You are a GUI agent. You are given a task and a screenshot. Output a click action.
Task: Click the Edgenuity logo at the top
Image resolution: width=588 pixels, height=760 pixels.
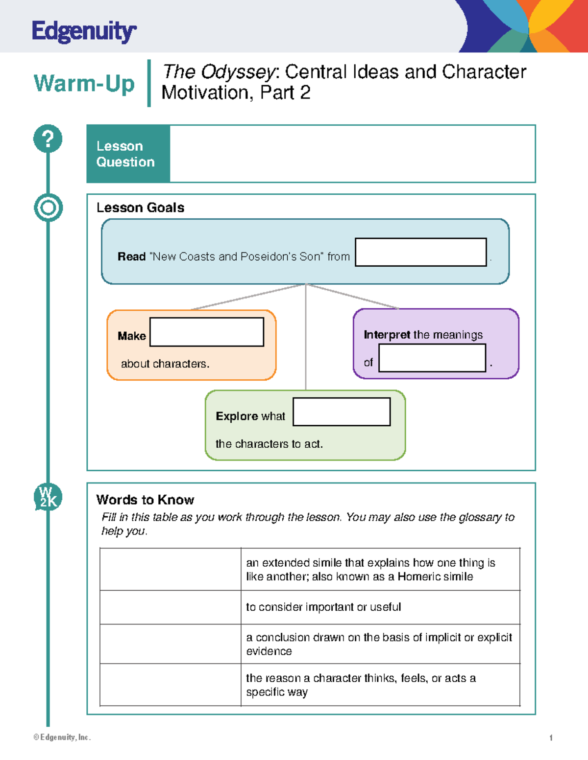pyautogui.click(x=84, y=32)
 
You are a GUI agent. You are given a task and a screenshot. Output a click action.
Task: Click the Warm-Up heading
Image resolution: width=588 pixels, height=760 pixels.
pyautogui.click(x=84, y=83)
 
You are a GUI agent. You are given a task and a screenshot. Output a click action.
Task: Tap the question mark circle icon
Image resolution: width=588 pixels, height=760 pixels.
pyautogui.click(x=48, y=138)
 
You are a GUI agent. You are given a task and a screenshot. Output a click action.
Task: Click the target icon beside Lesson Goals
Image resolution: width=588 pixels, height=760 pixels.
pyautogui.click(x=48, y=207)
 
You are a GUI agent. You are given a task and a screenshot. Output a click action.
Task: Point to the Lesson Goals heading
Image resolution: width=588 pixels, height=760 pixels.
pyautogui.click(x=140, y=207)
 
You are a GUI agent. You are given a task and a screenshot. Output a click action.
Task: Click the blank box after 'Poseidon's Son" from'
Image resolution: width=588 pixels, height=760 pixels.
pyautogui.click(x=420, y=252)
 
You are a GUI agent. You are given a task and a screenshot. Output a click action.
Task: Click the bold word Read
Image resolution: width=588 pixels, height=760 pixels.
pyautogui.click(x=131, y=256)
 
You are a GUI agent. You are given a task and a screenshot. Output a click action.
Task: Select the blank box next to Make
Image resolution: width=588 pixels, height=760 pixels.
pyautogui.click(x=206, y=332)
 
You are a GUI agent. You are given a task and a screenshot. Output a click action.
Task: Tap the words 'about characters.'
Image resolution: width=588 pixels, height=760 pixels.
pyautogui.click(x=165, y=364)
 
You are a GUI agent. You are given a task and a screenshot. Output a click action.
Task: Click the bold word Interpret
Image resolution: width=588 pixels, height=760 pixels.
pyautogui.click(x=387, y=335)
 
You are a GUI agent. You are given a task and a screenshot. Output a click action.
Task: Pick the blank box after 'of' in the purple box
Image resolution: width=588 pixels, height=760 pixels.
pyautogui.click(x=432, y=358)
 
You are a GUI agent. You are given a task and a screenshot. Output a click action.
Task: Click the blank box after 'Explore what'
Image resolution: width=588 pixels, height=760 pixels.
pyautogui.click(x=341, y=412)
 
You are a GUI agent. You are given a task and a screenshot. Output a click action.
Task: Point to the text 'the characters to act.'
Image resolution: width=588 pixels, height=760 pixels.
pyautogui.click(x=269, y=444)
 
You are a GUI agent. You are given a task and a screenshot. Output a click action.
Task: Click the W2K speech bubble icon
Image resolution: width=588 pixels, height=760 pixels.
pyautogui.click(x=48, y=497)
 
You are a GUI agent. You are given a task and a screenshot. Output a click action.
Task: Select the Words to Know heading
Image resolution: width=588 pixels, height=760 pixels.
pyautogui.click(x=145, y=500)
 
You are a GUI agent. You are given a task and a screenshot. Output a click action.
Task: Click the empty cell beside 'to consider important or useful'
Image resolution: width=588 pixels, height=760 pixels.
pyautogui.click(x=170, y=607)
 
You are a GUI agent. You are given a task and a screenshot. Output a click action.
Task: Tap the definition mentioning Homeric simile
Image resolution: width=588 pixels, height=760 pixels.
pyautogui.click(x=370, y=570)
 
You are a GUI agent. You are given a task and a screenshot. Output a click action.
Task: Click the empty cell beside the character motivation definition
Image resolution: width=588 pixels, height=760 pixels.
pyautogui.click(x=170, y=685)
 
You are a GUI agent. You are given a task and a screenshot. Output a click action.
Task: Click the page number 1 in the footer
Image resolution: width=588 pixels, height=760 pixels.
pyautogui.click(x=551, y=737)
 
